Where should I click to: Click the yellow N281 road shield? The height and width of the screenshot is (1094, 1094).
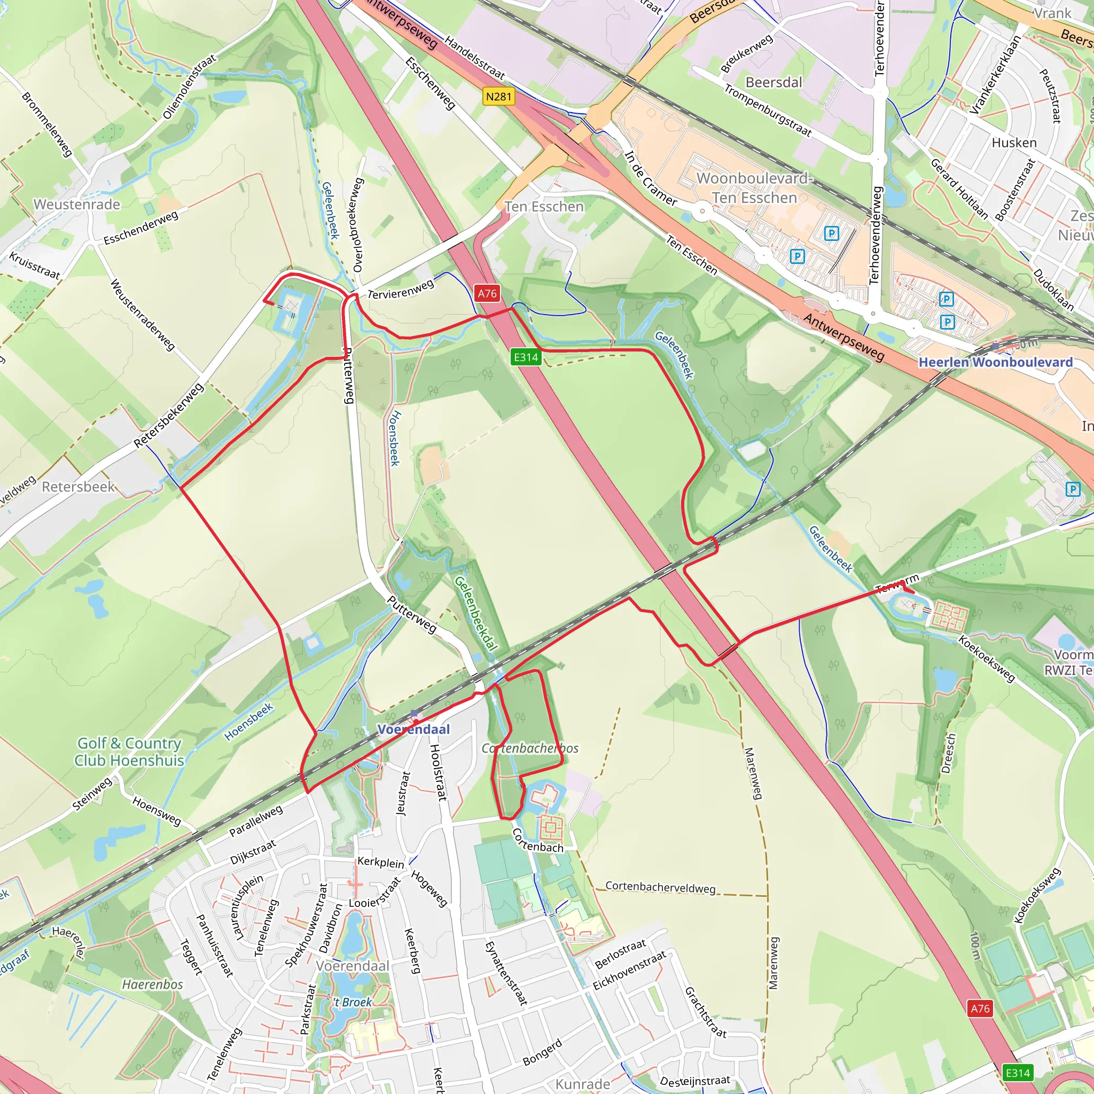[498, 96]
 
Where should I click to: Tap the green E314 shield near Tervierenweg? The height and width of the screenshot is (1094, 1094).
[526, 357]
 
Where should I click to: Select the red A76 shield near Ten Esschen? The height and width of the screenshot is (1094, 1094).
[487, 293]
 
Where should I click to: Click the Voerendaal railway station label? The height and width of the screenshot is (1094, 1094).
[413, 729]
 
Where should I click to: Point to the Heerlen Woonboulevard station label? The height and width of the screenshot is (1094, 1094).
[996, 362]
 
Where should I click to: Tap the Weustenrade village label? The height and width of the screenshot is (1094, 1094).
[77, 205]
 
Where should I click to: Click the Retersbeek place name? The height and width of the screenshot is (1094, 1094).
[78, 487]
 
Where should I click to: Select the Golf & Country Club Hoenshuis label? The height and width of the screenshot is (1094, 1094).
[130, 752]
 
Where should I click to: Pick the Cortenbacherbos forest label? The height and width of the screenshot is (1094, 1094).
[530, 748]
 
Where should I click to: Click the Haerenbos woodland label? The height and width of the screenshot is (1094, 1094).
[152, 984]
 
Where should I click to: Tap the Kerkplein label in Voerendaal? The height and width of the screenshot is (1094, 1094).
[380, 862]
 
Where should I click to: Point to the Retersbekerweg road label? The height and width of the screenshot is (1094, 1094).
[168, 416]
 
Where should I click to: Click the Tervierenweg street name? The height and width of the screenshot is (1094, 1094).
[401, 289]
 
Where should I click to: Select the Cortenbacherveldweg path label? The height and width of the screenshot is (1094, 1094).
[660, 887]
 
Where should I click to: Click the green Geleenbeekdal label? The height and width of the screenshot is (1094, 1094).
[475, 614]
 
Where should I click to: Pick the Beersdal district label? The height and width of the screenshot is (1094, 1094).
[773, 83]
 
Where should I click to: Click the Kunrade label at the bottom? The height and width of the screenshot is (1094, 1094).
[583, 1084]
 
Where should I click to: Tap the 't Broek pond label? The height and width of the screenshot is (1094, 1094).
[352, 1002]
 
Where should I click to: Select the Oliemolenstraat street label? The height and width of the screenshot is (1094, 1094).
[189, 87]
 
